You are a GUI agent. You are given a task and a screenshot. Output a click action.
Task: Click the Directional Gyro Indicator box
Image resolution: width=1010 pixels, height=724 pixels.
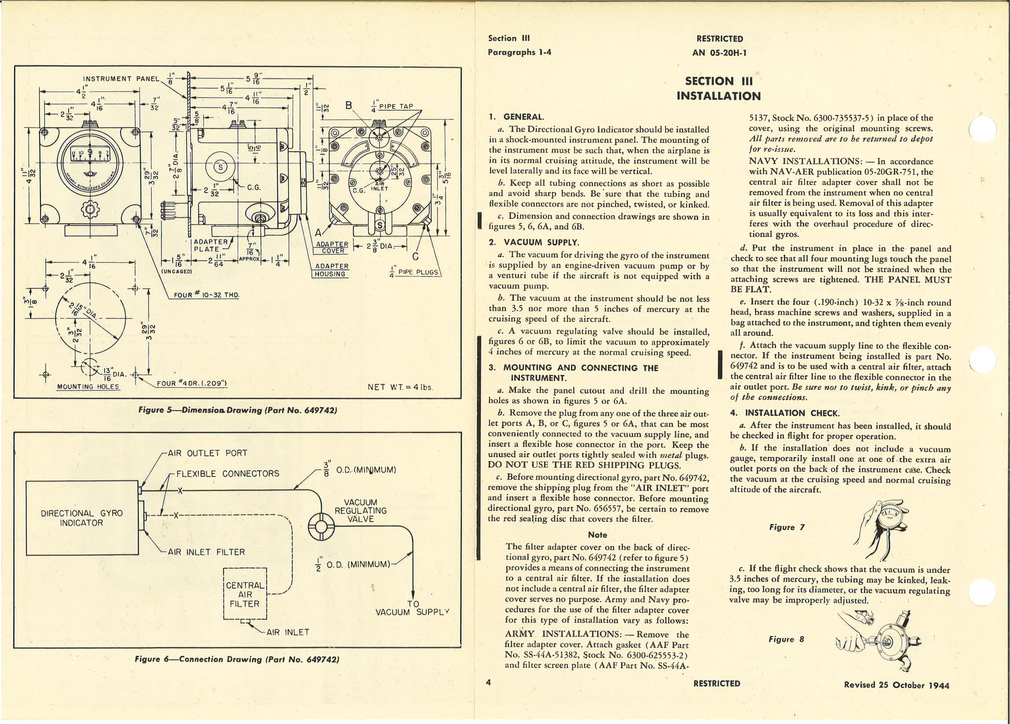(82, 517)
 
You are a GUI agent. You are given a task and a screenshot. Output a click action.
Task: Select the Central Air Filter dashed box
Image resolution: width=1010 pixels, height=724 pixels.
(245, 594)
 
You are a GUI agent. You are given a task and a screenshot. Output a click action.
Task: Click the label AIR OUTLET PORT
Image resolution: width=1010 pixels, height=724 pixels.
(207, 453)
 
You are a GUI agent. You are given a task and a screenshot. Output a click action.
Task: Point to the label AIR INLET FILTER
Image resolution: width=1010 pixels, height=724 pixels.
(206, 552)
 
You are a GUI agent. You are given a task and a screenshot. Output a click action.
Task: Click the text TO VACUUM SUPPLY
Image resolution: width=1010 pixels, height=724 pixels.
(412, 608)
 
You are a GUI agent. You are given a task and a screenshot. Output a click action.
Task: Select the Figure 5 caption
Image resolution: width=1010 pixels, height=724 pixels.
(238, 410)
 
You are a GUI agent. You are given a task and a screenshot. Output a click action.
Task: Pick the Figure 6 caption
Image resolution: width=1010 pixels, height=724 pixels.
(237, 659)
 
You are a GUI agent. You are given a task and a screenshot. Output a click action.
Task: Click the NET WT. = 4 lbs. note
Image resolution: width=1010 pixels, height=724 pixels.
(400, 387)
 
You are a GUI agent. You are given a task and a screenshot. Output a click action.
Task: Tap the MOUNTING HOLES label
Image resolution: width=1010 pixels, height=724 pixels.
(88, 387)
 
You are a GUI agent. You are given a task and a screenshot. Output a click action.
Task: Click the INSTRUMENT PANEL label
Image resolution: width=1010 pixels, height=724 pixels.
(121, 79)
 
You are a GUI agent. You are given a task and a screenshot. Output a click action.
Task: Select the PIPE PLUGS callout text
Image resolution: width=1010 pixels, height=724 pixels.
(418, 272)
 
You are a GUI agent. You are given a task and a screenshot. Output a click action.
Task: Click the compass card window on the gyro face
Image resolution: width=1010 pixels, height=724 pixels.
(91, 156)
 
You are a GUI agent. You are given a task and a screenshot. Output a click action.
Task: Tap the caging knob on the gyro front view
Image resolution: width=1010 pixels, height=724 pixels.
(91, 209)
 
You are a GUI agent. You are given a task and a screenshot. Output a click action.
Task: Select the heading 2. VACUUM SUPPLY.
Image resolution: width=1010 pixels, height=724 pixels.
(534, 242)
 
